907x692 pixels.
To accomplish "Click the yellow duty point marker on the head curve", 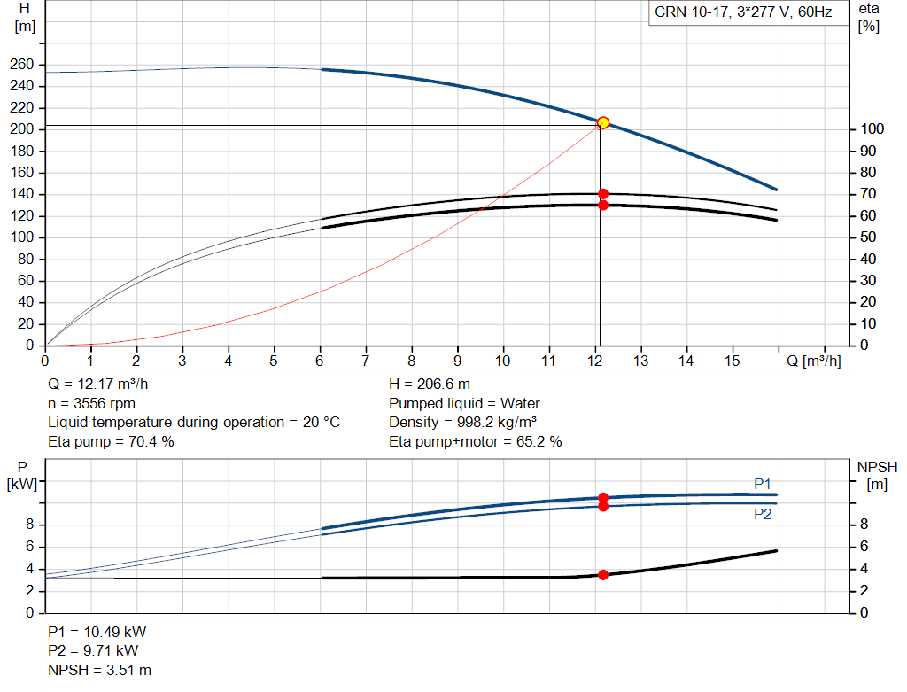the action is coord(602,122).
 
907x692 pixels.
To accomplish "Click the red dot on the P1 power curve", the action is coord(603,498).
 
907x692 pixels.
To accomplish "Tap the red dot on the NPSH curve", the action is coord(603,574).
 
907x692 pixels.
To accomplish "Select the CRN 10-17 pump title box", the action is coord(743,12).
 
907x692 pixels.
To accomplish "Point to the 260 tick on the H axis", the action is coord(22,64).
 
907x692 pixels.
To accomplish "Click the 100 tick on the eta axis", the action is coord(872,129).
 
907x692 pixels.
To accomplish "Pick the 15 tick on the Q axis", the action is coord(733,361).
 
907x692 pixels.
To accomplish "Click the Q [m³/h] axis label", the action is coord(814,361).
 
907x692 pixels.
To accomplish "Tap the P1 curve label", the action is coord(763,484).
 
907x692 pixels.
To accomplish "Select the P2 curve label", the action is coord(763,514).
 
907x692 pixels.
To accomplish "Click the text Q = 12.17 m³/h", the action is coord(98,385).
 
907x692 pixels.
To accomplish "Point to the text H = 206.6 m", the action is coord(430,385).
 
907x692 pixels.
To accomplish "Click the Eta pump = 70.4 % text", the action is coord(111,442).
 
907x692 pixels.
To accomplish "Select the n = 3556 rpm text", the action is coord(92,404).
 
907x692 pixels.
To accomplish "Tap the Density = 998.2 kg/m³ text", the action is coord(462,423).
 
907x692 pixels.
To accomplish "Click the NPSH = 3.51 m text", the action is coord(100,671).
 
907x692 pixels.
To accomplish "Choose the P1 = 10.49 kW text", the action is coord(97,632).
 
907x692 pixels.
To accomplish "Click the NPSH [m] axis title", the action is coord(877,476).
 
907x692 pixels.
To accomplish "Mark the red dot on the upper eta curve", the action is coord(603,194).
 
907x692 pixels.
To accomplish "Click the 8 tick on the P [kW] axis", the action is coord(30,525).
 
